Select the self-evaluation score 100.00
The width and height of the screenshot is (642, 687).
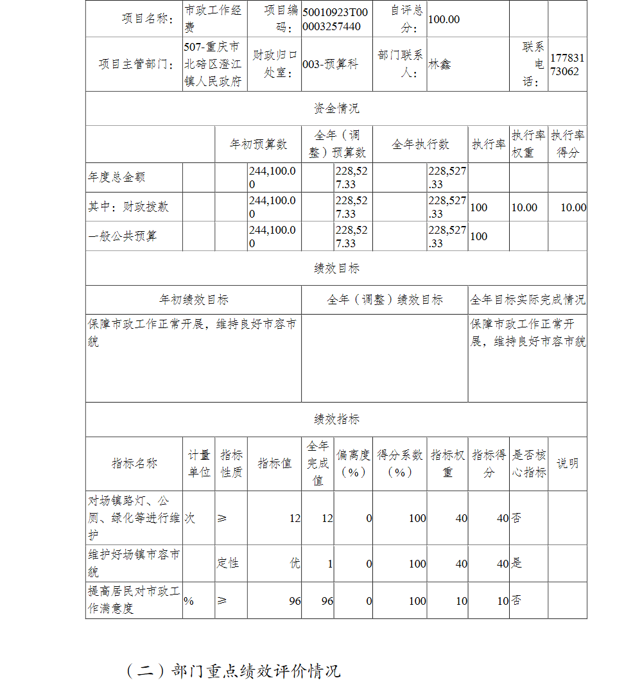pos(444,19)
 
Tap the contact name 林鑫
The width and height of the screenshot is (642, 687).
pos(440,64)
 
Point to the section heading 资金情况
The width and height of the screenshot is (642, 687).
pos(336,109)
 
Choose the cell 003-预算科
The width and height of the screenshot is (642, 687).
pos(330,64)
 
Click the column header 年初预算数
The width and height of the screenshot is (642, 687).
pos(258,144)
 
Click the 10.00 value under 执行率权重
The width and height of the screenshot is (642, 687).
pos(524,207)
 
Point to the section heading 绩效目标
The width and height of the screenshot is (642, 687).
pos(336,268)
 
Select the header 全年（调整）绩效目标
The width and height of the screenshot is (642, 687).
pos(385,300)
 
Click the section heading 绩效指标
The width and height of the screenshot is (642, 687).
pos(336,419)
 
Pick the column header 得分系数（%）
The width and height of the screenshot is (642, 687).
pos(399,463)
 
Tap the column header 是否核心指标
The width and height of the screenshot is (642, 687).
pos(528,463)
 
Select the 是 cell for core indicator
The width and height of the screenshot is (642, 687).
pos(517,563)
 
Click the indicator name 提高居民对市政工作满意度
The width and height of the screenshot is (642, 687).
pos(134,600)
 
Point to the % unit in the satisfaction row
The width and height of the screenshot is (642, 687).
pos(189,601)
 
